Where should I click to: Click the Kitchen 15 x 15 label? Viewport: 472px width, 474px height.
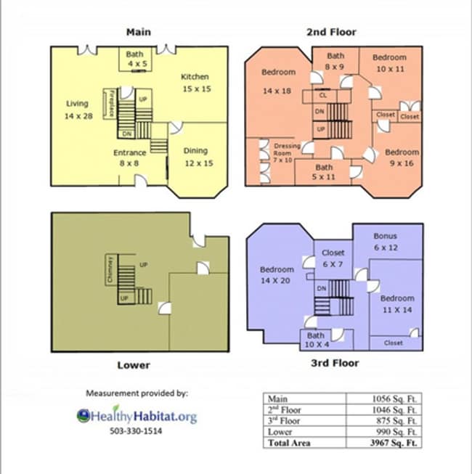click(x=195, y=82)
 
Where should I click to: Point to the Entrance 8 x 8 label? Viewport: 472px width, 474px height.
click(x=130, y=158)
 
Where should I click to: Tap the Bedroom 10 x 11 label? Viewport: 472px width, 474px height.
click(x=389, y=63)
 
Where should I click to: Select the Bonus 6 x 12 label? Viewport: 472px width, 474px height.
click(x=385, y=242)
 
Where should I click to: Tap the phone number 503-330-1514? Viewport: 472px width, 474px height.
click(x=136, y=431)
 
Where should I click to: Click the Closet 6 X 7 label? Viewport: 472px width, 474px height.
click(x=333, y=258)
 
